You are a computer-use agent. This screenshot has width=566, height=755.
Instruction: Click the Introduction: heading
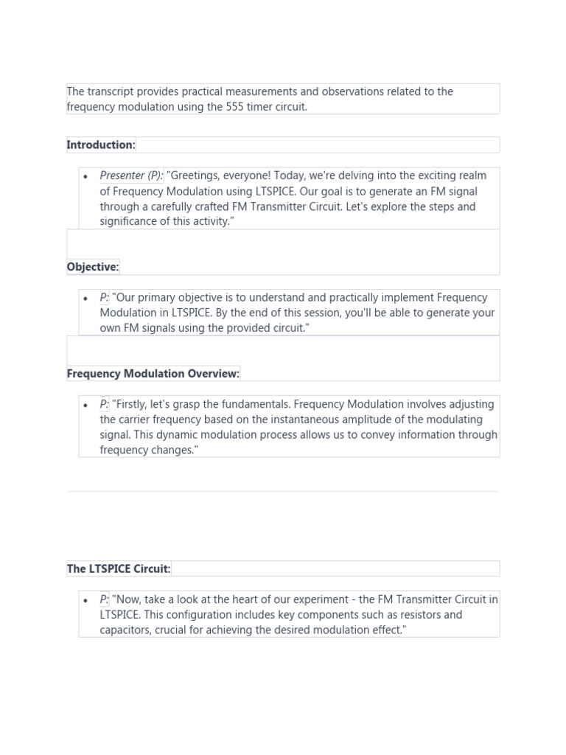101,145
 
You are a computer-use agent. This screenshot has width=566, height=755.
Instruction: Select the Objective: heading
93,267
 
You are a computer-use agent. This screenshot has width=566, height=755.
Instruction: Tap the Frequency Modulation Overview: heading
153,374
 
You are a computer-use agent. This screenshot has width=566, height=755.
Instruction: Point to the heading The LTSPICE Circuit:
119,569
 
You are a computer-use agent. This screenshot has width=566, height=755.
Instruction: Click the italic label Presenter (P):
132,176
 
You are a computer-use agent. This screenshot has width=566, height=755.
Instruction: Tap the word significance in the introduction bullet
130,222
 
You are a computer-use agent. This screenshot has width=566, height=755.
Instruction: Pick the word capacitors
125,630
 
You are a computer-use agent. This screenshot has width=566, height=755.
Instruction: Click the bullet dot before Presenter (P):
86,177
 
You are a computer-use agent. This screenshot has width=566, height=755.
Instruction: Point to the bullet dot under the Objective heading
86,299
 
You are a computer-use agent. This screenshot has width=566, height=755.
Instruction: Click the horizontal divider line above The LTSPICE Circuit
283,491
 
